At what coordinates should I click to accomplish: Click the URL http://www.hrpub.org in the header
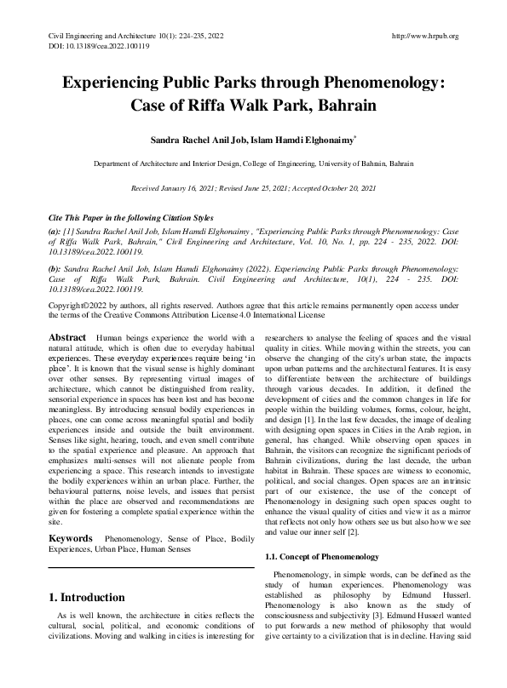point(424,37)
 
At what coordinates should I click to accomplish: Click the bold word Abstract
point(67,337)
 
